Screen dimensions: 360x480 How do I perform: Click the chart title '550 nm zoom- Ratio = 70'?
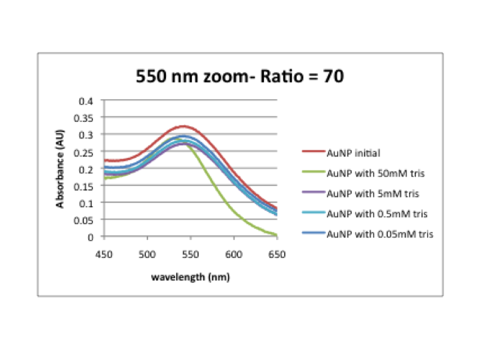tap(240, 76)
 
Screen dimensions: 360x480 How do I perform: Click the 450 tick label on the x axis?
tap(104, 254)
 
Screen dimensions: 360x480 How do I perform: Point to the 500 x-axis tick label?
tap(147, 254)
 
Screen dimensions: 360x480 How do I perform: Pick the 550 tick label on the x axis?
tap(191, 254)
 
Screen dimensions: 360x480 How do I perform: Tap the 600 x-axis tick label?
tap(234, 254)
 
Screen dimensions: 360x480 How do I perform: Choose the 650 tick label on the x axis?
tap(277, 254)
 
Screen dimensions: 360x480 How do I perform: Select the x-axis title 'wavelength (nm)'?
tap(190, 275)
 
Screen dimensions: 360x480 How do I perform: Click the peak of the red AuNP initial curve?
tap(183, 126)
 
